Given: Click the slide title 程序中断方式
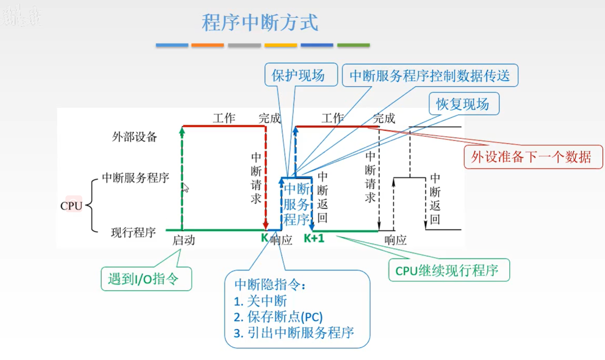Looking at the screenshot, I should click(x=260, y=23).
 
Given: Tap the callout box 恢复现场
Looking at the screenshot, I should click(x=463, y=105).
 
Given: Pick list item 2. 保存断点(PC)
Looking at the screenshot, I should click(x=278, y=317).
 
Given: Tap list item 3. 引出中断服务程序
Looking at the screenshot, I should click(x=294, y=332).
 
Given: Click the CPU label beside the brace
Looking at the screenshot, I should click(x=72, y=206).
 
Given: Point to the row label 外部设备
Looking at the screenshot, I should click(x=134, y=137).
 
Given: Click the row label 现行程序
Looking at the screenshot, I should click(x=133, y=232).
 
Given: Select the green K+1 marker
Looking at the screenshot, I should click(x=314, y=239).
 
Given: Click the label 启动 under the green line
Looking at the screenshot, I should click(x=184, y=241).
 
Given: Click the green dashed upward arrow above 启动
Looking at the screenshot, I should click(x=181, y=178).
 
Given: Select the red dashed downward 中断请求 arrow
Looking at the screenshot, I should click(x=266, y=178).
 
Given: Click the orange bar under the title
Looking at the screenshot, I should click(x=208, y=45).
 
